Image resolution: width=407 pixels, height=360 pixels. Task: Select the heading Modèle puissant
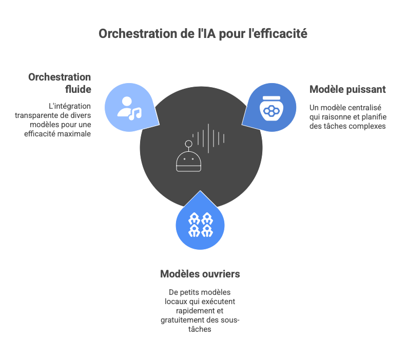347,89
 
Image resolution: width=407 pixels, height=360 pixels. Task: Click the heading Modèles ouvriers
200,274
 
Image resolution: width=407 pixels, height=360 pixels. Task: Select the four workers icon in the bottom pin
200,224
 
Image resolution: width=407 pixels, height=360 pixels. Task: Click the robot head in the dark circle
188,162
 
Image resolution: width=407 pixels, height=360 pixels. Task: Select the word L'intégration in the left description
70,106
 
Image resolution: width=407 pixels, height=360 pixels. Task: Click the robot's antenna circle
189,144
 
